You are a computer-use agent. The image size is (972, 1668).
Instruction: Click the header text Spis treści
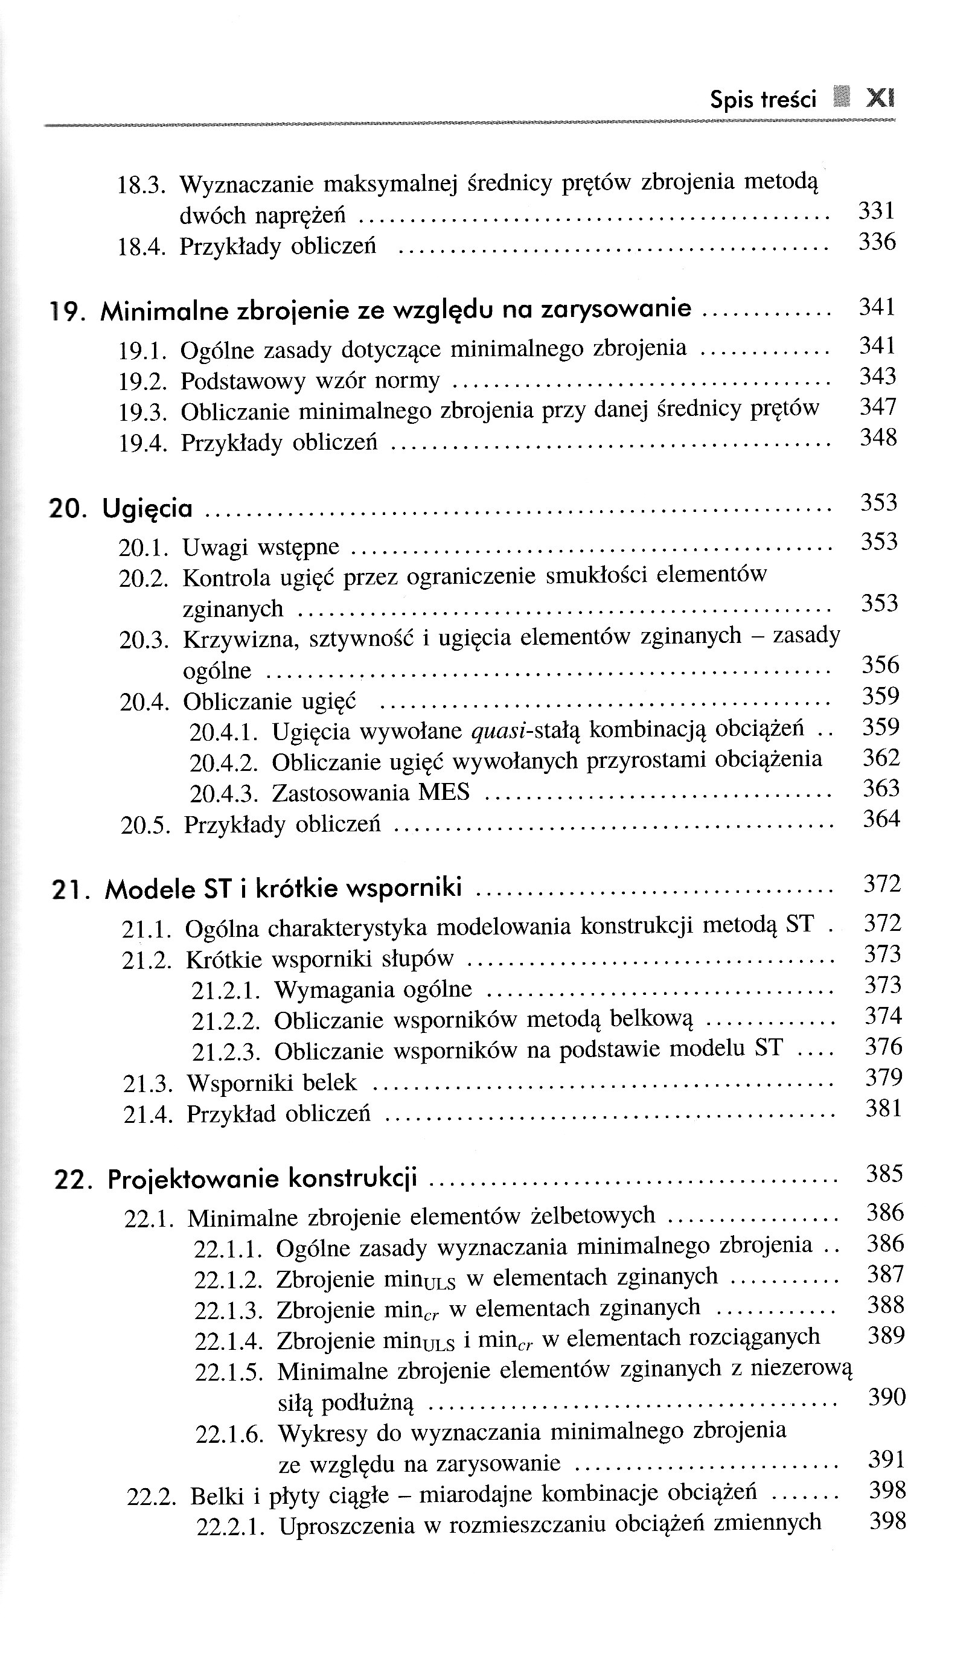point(763,100)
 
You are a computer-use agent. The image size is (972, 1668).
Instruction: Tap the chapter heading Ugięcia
point(148,508)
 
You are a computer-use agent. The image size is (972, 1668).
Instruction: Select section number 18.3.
point(141,186)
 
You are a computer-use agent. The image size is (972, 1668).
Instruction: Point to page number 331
point(877,211)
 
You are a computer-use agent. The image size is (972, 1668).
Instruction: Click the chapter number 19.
point(67,311)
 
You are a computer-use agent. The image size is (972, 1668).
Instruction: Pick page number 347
point(878,407)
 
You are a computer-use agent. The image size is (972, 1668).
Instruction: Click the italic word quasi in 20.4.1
point(497,730)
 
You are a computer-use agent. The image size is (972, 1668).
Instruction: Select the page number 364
point(881,819)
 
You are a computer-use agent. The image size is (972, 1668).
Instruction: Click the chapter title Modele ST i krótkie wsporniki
point(283,888)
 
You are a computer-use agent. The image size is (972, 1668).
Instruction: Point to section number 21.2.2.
point(226,1021)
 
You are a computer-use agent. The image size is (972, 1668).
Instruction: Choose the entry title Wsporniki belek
point(272,1083)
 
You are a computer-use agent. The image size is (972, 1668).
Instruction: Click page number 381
point(884,1108)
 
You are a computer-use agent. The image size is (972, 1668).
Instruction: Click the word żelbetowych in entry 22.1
point(593,1215)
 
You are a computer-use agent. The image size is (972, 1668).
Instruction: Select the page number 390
point(886,1398)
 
